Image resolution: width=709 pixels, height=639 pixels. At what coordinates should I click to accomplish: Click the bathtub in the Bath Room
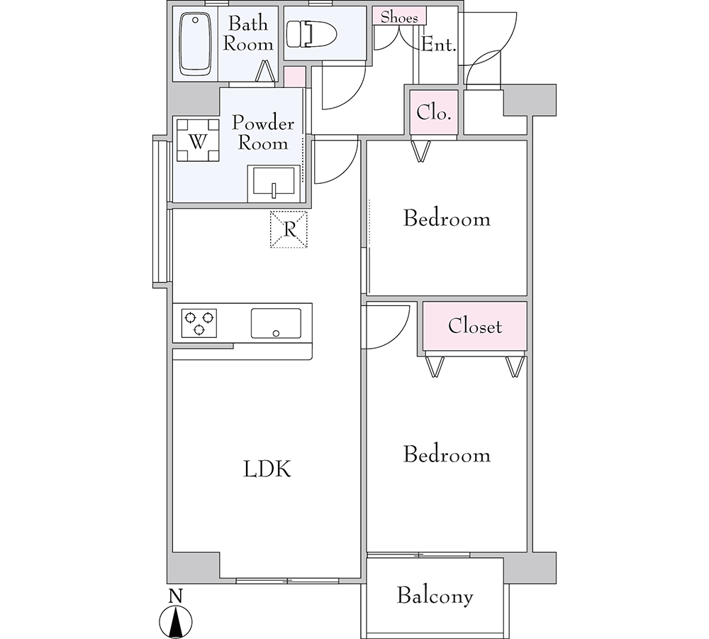[196, 44]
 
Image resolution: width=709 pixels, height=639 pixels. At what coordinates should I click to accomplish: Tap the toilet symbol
[311, 34]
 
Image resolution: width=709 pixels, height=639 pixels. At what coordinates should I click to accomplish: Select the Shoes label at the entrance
[398, 17]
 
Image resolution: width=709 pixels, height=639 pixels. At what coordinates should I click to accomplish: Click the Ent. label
[438, 45]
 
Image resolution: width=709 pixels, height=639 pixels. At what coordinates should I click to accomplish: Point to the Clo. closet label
[434, 112]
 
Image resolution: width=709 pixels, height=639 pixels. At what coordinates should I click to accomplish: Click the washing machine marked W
[198, 140]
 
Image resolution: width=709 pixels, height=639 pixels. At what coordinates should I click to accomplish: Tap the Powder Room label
[263, 133]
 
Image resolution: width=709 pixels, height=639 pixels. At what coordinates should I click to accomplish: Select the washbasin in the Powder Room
[274, 183]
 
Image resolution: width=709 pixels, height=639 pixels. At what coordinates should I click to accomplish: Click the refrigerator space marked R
[289, 229]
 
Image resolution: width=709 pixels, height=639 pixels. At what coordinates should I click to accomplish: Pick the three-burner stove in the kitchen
[199, 323]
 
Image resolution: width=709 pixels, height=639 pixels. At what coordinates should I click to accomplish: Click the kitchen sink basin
[276, 323]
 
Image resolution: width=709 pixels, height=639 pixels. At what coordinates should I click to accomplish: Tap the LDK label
[267, 469]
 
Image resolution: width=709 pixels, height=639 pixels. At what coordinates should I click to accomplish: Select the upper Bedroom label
[447, 219]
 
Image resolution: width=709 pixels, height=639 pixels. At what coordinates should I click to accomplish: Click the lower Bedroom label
[447, 454]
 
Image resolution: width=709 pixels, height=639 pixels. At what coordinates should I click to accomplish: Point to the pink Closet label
[475, 326]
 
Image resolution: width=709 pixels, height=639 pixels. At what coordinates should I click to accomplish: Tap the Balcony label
[435, 596]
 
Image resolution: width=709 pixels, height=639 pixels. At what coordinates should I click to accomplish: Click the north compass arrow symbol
[176, 621]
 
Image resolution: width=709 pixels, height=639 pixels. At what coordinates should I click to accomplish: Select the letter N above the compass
[175, 596]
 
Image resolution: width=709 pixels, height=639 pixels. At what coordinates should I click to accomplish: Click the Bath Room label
[248, 34]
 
